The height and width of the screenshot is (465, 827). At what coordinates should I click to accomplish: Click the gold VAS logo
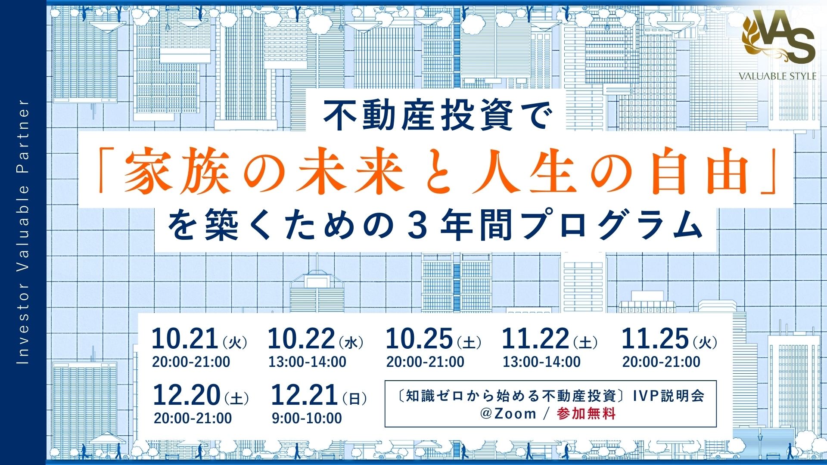(x=778, y=36)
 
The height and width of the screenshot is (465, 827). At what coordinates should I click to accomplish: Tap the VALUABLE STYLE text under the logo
(x=777, y=76)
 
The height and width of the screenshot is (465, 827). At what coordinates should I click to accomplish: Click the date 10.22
(x=301, y=338)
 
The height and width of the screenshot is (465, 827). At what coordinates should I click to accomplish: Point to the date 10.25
(x=419, y=338)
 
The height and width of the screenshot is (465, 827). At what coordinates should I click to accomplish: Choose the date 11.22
(x=535, y=338)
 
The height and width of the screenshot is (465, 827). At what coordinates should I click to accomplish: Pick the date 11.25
(x=655, y=338)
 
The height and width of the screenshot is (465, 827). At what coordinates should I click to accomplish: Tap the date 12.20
(x=187, y=395)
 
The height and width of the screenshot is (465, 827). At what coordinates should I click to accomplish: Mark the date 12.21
(x=304, y=395)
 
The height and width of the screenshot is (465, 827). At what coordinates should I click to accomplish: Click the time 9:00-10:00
(x=307, y=418)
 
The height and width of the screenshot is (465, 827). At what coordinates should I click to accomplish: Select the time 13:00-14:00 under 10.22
(x=307, y=362)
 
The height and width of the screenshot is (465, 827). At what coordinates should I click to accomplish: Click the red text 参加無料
(x=586, y=414)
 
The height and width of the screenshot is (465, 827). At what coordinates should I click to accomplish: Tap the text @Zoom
(x=508, y=414)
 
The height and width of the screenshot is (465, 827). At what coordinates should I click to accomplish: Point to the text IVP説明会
(x=668, y=395)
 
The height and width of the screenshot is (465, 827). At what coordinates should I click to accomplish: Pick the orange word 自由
(x=701, y=171)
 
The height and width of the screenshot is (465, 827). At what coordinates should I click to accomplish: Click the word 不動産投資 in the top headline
(x=418, y=115)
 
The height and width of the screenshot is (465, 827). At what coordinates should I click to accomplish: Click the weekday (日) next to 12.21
(x=354, y=399)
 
